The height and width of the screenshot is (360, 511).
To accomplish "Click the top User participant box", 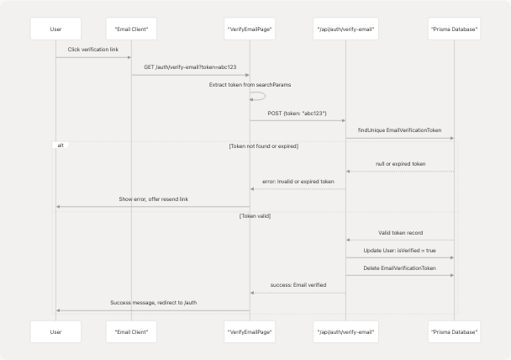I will [x=56, y=29].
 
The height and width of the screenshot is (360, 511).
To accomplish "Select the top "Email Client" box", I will [x=131, y=29].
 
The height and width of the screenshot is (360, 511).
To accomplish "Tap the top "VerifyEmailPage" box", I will [x=250, y=29].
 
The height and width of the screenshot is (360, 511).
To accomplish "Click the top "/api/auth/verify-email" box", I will [x=345, y=29].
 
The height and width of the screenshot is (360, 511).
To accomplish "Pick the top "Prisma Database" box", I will [x=454, y=29].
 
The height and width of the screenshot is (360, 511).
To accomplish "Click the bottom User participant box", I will [x=56, y=331].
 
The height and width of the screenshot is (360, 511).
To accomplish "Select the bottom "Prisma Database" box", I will [x=454, y=331].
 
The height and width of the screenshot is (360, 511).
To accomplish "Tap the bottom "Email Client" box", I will [x=131, y=331].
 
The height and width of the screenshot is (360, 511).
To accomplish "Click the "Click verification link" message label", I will [x=93, y=50].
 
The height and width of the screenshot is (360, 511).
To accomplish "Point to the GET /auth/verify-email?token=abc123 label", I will [x=190, y=67].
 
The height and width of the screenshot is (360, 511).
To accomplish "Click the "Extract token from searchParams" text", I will [x=250, y=85].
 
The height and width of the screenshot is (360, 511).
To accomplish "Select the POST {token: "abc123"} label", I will [x=298, y=113].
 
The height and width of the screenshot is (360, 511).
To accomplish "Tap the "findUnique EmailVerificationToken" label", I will [x=400, y=130].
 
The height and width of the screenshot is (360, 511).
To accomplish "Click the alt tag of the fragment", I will [x=60, y=146].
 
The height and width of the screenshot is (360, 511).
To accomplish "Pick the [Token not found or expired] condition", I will [x=263, y=146].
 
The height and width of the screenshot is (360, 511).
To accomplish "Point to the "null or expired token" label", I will [x=400, y=164].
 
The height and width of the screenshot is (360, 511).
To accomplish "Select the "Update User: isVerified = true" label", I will [x=400, y=251].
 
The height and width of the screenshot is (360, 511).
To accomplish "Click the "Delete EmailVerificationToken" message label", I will [x=400, y=267].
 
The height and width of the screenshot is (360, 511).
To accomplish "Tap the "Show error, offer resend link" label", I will [x=153, y=199].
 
